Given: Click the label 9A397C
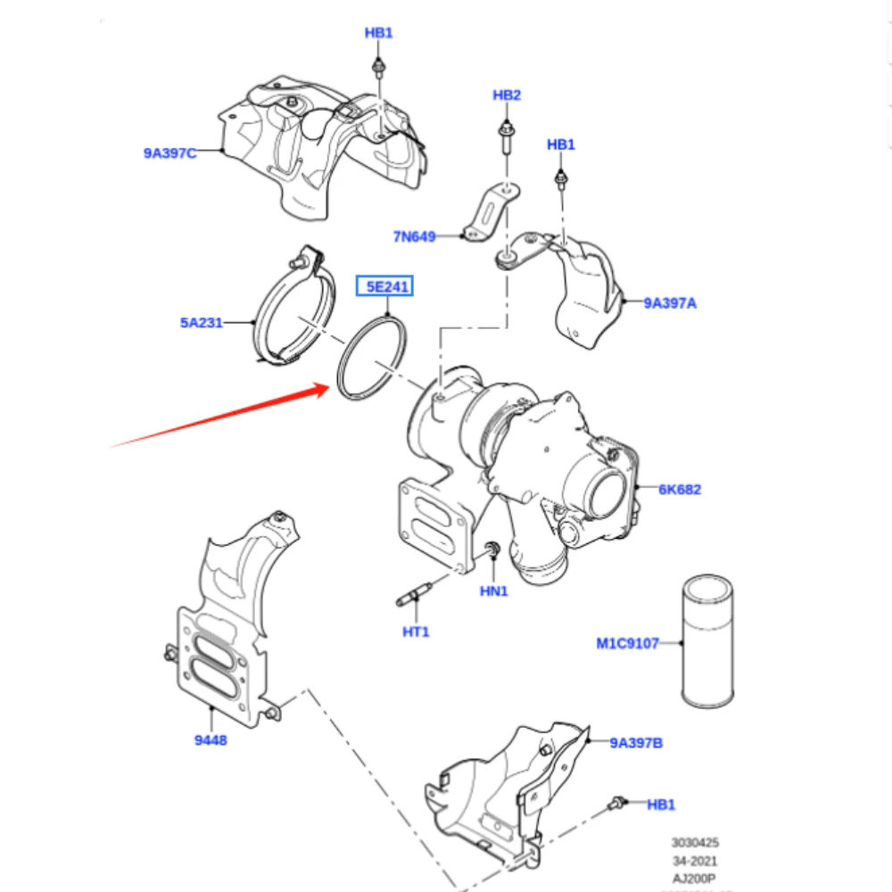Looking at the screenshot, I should tap(169, 153).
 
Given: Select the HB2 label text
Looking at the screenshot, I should tap(507, 95).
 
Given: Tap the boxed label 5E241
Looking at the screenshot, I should tap(385, 287).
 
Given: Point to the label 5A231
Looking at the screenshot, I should tap(202, 322).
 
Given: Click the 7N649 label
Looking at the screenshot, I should tap(414, 236).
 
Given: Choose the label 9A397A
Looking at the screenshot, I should tap(670, 303).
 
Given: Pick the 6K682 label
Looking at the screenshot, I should tap(680, 489).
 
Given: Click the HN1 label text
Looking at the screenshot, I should tap(493, 591).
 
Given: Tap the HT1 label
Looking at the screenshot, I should tap(416, 632).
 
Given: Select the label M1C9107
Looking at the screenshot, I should tap(628, 642).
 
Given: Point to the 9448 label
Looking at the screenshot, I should tap(211, 739).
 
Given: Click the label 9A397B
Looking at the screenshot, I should tap(636, 742).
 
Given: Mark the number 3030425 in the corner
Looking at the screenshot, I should tap(695, 842).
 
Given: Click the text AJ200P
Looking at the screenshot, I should tap(695, 879).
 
